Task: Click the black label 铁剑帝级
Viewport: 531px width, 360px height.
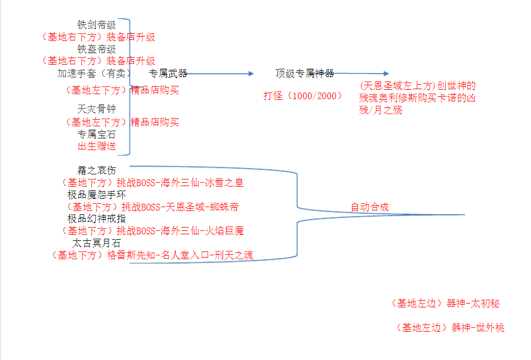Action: pos(96,25)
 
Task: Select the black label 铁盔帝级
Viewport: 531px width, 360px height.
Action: pos(96,49)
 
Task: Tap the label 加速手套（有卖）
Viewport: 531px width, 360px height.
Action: pos(94,73)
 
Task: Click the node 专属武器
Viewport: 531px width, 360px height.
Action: pos(168,73)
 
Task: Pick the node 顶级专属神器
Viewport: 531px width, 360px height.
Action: pos(305,73)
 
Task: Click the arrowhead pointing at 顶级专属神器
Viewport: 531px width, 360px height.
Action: pos(251,74)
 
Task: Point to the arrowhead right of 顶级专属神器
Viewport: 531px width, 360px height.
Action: pos(386,73)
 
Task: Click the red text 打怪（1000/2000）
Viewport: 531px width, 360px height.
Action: pos(303,96)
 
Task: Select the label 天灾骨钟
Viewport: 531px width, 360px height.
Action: pos(96,109)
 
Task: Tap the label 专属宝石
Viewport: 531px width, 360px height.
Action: pos(96,135)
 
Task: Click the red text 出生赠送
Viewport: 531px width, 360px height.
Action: pos(96,146)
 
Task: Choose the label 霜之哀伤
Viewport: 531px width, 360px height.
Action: pos(96,171)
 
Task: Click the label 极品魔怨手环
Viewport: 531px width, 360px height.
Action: pos(96,195)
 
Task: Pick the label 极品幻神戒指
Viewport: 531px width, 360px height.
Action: pos(96,219)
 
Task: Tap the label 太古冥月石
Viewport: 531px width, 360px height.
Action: pos(96,243)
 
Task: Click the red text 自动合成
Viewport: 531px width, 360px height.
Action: pos(369,207)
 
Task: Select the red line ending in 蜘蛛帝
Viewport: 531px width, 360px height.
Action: pos(152,207)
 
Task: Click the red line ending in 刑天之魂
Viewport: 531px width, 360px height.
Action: pos(152,255)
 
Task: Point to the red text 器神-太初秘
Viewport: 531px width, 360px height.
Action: pos(473,304)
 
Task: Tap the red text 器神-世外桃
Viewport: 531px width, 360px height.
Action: pos(478,327)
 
